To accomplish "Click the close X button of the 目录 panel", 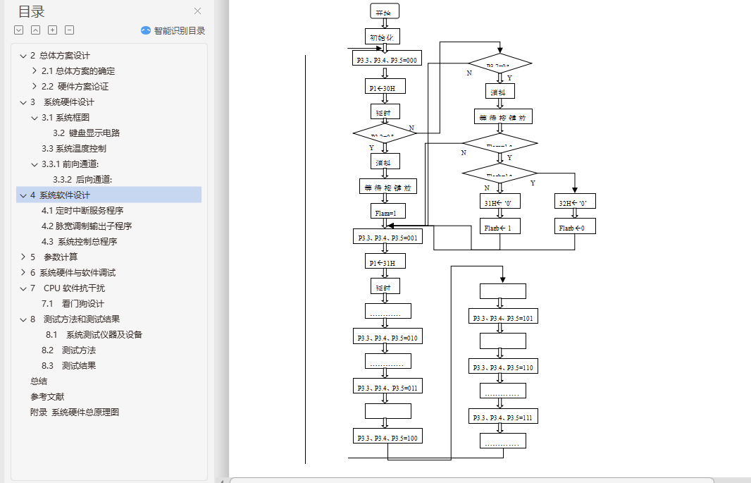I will tap(197, 11).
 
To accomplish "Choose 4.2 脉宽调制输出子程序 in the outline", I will tap(87, 226).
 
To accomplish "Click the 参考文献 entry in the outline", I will tap(47, 397).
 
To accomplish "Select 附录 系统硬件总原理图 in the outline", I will tap(75, 412).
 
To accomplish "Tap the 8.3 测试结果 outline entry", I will tap(69, 366).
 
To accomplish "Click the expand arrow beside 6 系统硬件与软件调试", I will tap(23, 273).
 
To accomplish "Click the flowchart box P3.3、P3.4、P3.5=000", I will tap(387, 61).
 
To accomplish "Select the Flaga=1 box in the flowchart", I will tap(385, 212).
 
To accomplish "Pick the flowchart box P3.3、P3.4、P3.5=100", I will tap(387, 438).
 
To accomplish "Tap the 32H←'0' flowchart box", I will tap(575, 202).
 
